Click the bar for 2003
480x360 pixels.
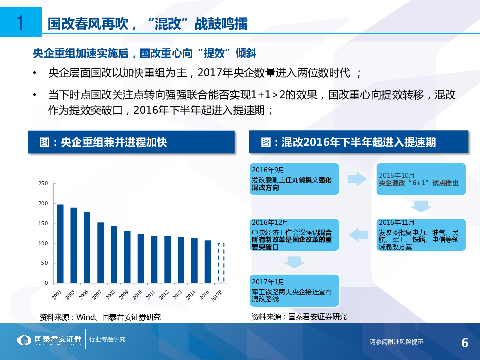click(60, 244)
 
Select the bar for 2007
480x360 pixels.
click(101, 253)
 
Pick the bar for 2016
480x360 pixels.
click(208, 262)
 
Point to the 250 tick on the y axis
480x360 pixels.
click(43, 184)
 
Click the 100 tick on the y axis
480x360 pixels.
click(43, 243)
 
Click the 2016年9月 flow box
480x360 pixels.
click(294, 179)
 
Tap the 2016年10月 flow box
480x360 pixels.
click(421, 179)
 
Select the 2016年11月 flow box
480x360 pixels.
click(421, 234)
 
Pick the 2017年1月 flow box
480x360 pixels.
click(294, 290)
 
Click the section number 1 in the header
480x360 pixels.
click(21, 23)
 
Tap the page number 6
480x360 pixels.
click(464, 343)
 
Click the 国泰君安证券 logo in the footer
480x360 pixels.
click(50, 341)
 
